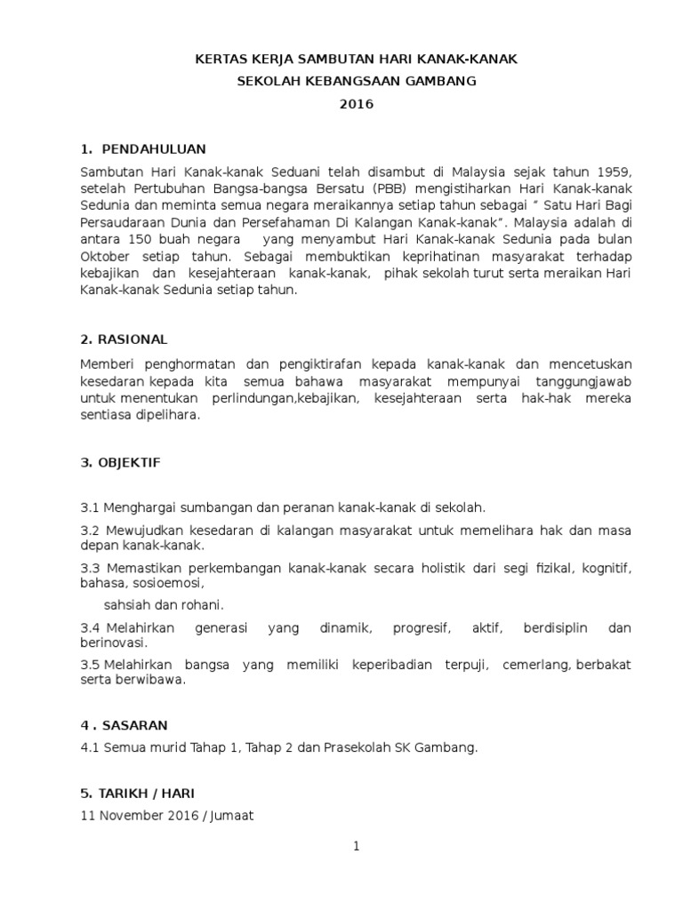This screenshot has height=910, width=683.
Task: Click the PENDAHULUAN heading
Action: pos(154,148)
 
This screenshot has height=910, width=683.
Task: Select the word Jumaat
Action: pos(231,814)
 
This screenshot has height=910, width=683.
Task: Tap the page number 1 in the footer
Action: pos(356,847)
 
